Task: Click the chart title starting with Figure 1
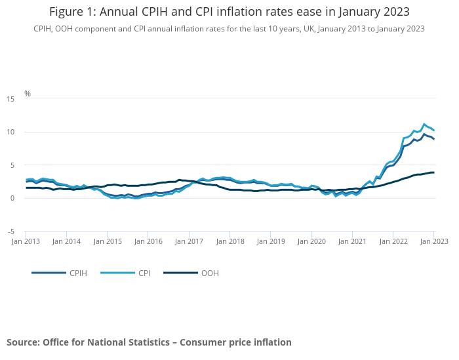[229, 12]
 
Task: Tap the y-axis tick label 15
[10, 99]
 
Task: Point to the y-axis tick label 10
[10, 132]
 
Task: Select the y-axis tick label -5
[10, 231]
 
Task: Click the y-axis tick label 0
[12, 198]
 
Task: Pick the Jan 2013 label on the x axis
[26, 241]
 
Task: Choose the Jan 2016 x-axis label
[148, 241]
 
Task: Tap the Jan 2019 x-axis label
[270, 241]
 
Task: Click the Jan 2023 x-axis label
[433, 241]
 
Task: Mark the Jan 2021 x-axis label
[352, 241]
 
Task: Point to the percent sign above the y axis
[28, 93]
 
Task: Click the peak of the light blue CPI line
[424, 124]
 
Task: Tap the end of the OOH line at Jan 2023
[433, 172]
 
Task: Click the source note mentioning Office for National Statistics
[149, 342]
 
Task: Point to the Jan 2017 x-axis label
[189, 241]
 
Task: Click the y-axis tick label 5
[12, 165]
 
